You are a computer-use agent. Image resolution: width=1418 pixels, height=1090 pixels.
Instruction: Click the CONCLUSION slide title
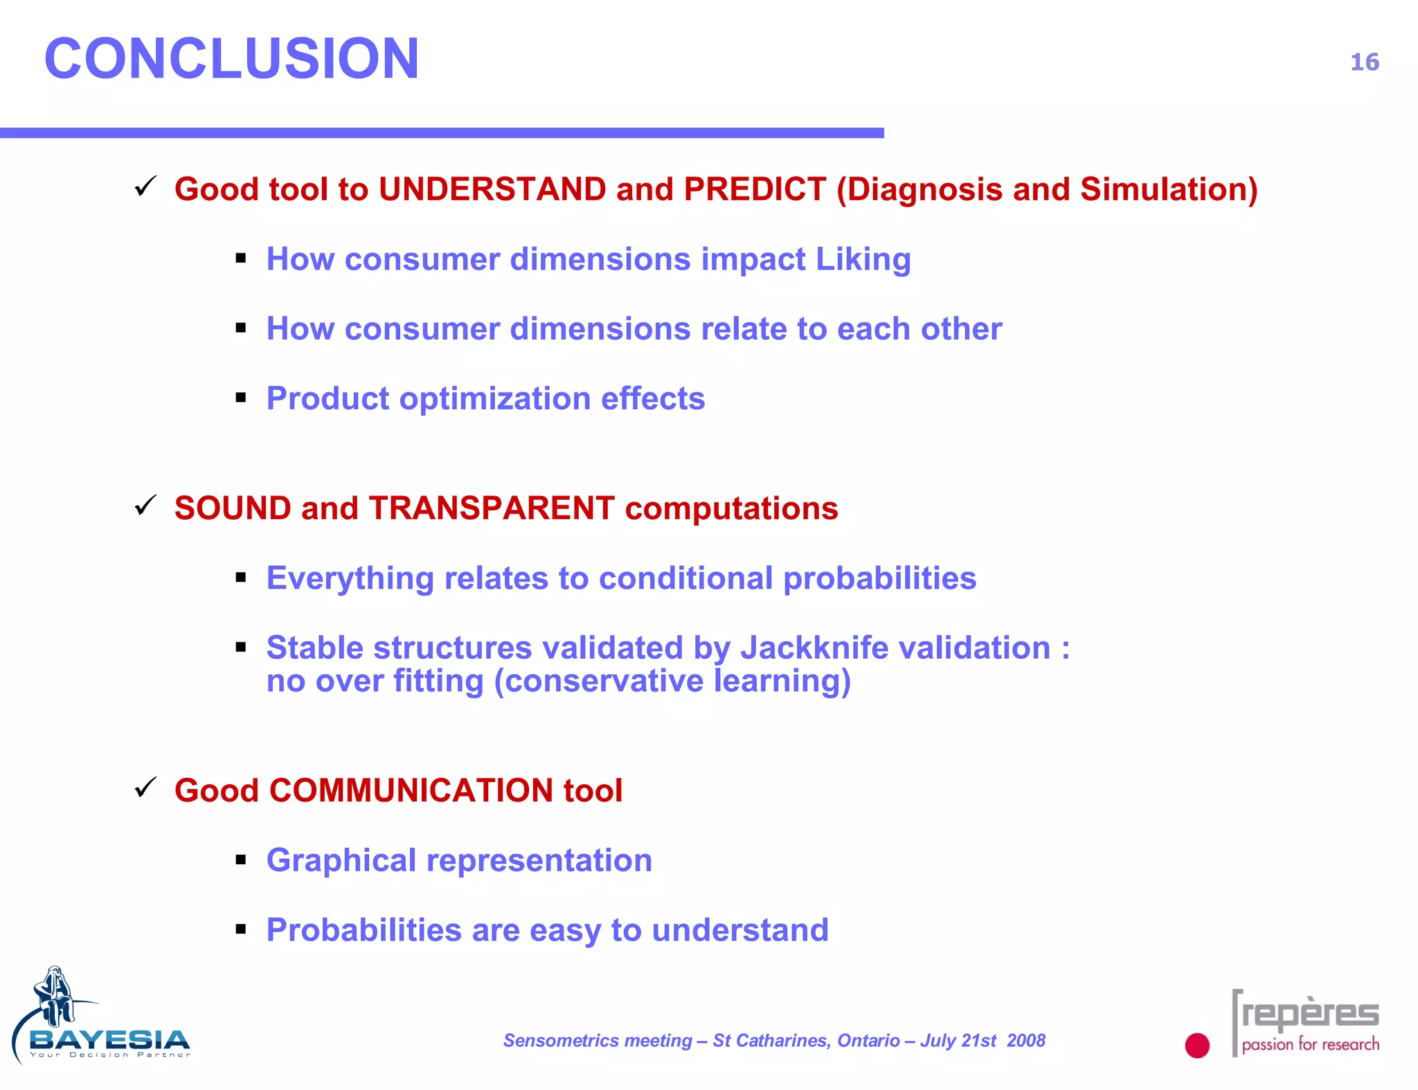pos(231,59)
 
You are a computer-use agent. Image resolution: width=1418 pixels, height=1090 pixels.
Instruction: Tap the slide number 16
pos(1364,62)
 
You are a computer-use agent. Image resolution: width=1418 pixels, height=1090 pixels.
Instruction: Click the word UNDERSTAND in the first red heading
pos(492,190)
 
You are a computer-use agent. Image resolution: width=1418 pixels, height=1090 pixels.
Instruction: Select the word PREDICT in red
pos(755,190)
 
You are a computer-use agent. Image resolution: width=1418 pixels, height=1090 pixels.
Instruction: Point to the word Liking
pos(863,260)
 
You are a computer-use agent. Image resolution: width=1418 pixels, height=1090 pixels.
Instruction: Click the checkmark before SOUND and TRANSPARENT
pos(145,506)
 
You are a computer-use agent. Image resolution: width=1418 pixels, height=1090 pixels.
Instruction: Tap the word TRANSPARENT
pos(491,509)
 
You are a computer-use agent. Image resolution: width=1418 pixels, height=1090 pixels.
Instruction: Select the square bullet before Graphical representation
pos(241,860)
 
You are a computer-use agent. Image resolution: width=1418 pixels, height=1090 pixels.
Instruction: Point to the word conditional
pos(685,579)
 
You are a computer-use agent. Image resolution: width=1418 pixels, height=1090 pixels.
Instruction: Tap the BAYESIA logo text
pos(109,1039)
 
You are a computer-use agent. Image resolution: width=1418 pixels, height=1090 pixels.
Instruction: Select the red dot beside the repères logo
pos(1196,1045)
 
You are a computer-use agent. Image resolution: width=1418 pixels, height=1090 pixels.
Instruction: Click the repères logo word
pos(1310,1015)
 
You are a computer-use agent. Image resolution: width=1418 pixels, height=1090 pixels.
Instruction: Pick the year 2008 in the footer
pos(1025,1041)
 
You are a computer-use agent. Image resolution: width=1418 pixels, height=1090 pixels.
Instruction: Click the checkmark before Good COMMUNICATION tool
pos(145,788)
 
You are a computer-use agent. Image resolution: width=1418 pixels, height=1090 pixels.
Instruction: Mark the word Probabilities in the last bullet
pos(364,931)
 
